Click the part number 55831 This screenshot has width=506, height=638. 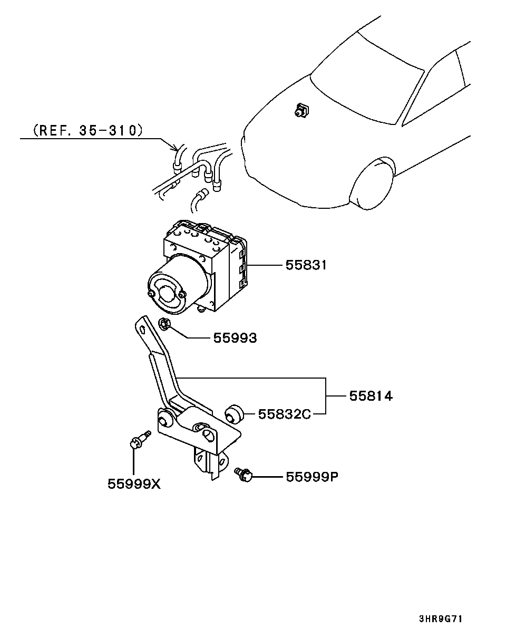pyautogui.click(x=306, y=265)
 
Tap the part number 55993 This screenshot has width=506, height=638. pyautogui.click(x=235, y=338)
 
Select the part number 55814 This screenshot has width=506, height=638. pyautogui.click(x=371, y=396)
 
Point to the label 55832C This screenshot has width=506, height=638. pyautogui.click(x=285, y=414)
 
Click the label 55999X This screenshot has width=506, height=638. pyautogui.click(x=134, y=484)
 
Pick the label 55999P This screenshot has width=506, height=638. pyautogui.click(x=312, y=477)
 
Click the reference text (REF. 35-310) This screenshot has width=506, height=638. pyautogui.click(x=87, y=130)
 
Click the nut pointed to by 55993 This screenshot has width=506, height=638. pyautogui.click(x=164, y=324)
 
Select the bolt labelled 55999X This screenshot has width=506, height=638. pyautogui.click(x=140, y=440)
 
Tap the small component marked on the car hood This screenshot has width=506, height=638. pyautogui.click(x=301, y=110)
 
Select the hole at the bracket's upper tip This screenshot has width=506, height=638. pyautogui.click(x=143, y=330)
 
